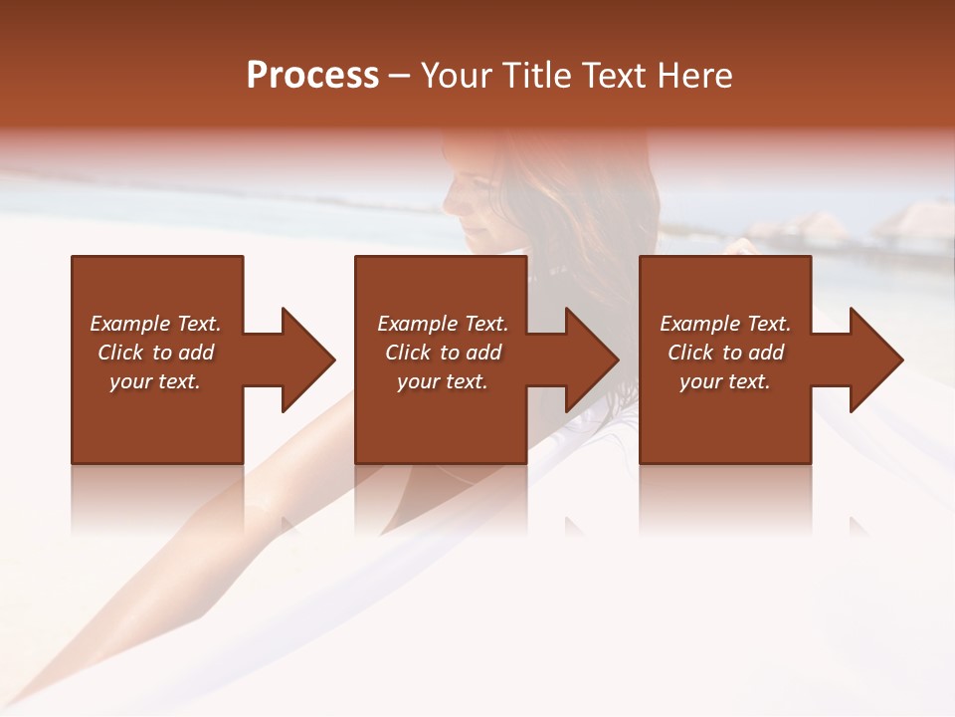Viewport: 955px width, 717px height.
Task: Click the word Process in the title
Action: click(312, 76)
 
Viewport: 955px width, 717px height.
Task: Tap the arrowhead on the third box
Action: click(875, 359)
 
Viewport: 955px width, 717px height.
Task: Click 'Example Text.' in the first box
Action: click(155, 324)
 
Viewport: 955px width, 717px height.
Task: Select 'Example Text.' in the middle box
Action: click(443, 324)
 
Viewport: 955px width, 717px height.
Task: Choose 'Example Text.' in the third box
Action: click(725, 324)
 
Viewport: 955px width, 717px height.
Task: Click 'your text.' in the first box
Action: click(155, 381)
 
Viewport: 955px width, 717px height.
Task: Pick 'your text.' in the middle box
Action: click(443, 381)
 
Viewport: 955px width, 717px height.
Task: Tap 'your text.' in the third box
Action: click(725, 381)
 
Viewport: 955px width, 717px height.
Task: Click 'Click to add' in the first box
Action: click(155, 353)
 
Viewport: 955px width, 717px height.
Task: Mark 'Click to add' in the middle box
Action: click(443, 353)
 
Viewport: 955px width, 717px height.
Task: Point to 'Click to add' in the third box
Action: click(725, 353)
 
